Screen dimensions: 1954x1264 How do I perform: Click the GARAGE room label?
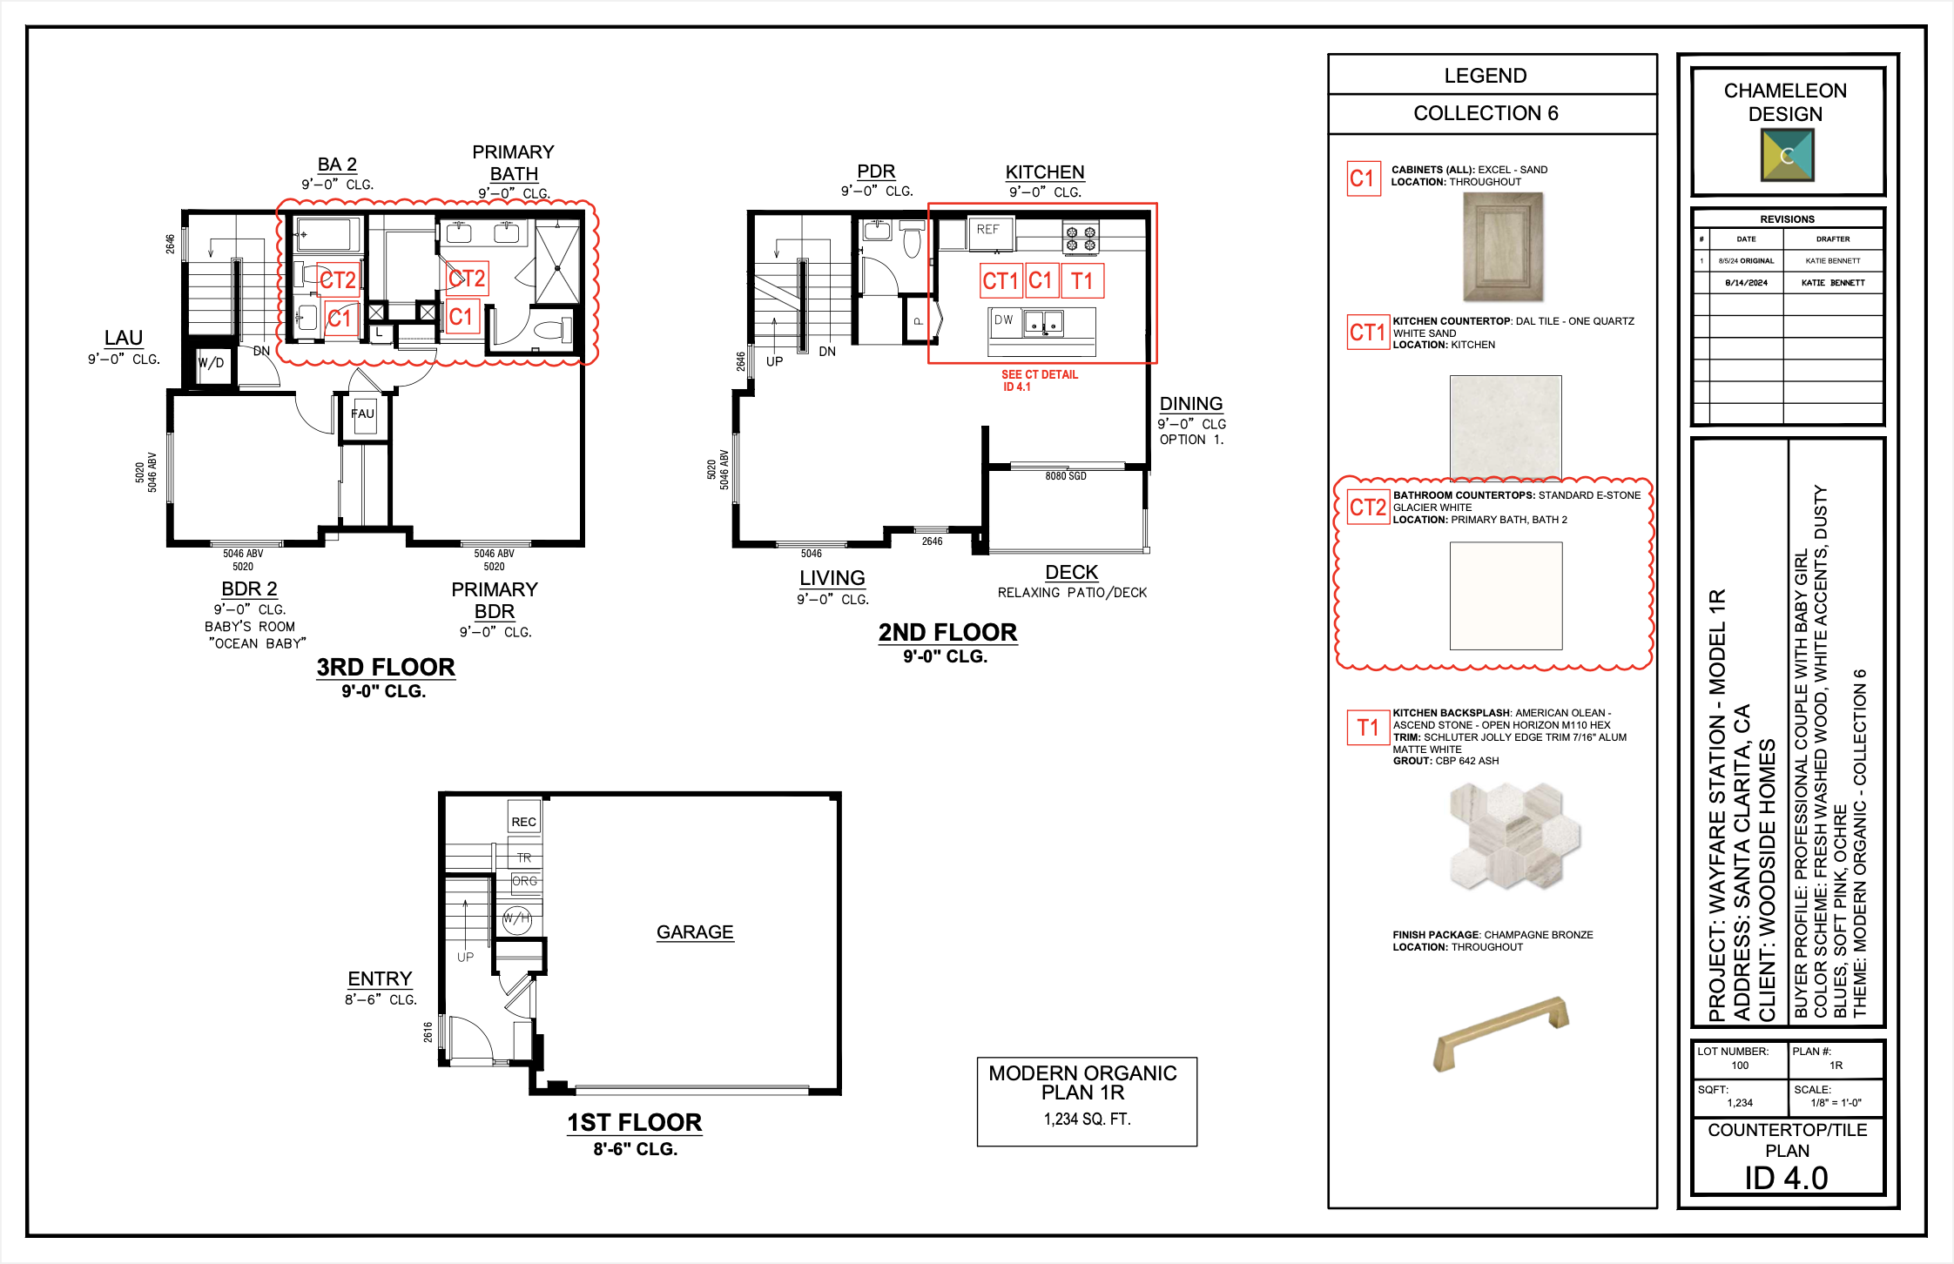[x=695, y=931]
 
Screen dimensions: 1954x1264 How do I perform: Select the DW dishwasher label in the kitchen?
[x=1003, y=319]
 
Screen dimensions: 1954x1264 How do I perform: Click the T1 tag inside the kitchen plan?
[x=1082, y=280]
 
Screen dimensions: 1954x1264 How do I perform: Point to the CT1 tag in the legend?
[x=1367, y=332]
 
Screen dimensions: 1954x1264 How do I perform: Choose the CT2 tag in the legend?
[x=1368, y=508]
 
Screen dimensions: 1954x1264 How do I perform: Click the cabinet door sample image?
[x=1503, y=247]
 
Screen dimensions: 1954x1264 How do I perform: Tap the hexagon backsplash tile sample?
[x=1515, y=836]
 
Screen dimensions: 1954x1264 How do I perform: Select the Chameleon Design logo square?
[x=1787, y=155]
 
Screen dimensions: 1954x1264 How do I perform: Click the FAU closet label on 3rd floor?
[x=362, y=413]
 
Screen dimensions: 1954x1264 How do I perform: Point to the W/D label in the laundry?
[x=211, y=363]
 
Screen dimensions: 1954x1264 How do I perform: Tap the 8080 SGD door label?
[x=1066, y=476]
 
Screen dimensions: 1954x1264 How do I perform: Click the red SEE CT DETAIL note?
[x=1040, y=380]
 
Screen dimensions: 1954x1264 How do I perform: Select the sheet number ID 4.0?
[x=1786, y=1178]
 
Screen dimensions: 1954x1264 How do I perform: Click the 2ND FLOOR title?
[x=947, y=632]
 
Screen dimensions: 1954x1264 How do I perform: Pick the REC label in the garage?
[x=524, y=822]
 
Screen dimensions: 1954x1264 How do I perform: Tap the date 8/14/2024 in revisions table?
[x=1746, y=283]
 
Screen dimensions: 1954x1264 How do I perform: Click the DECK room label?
[x=1072, y=572]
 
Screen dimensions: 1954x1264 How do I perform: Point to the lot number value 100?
[x=1740, y=1066]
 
